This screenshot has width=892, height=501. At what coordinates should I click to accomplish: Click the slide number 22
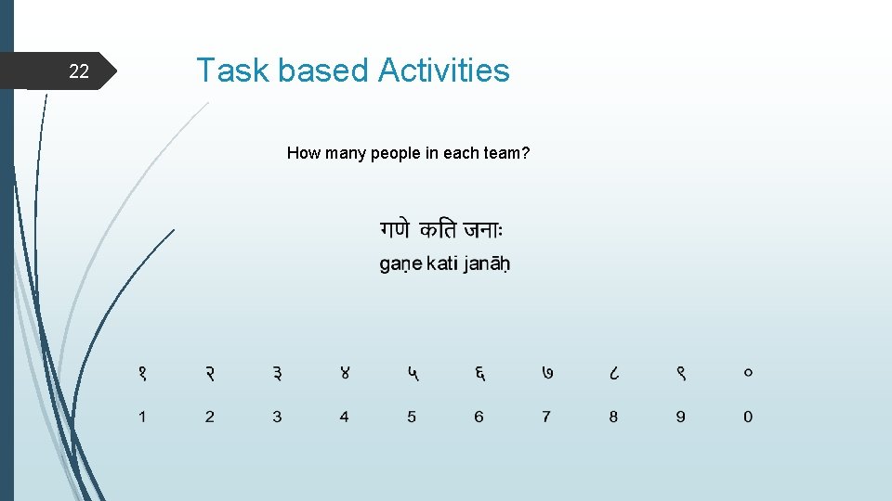[80, 71]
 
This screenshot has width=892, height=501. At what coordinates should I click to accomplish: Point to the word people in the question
[396, 153]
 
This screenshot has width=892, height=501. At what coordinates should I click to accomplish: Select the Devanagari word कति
[438, 229]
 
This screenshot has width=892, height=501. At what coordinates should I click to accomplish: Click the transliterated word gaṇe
[400, 264]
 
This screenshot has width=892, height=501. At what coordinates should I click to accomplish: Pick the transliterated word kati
[442, 264]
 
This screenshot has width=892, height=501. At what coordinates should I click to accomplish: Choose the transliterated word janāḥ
[487, 264]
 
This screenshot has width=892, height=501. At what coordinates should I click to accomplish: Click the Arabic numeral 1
[142, 417]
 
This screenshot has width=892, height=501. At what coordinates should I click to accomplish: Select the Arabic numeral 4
[344, 417]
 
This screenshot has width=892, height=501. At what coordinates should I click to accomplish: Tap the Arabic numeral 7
[545, 417]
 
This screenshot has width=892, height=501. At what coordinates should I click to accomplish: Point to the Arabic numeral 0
[748, 417]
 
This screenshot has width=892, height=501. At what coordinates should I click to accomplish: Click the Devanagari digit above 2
[209, 374]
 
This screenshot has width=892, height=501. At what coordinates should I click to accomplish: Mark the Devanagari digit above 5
[412, 374]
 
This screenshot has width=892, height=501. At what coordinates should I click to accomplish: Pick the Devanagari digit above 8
[613, 374]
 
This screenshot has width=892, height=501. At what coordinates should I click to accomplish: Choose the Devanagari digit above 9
[680, 374]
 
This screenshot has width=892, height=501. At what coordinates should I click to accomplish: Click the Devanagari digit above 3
[277, 374]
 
